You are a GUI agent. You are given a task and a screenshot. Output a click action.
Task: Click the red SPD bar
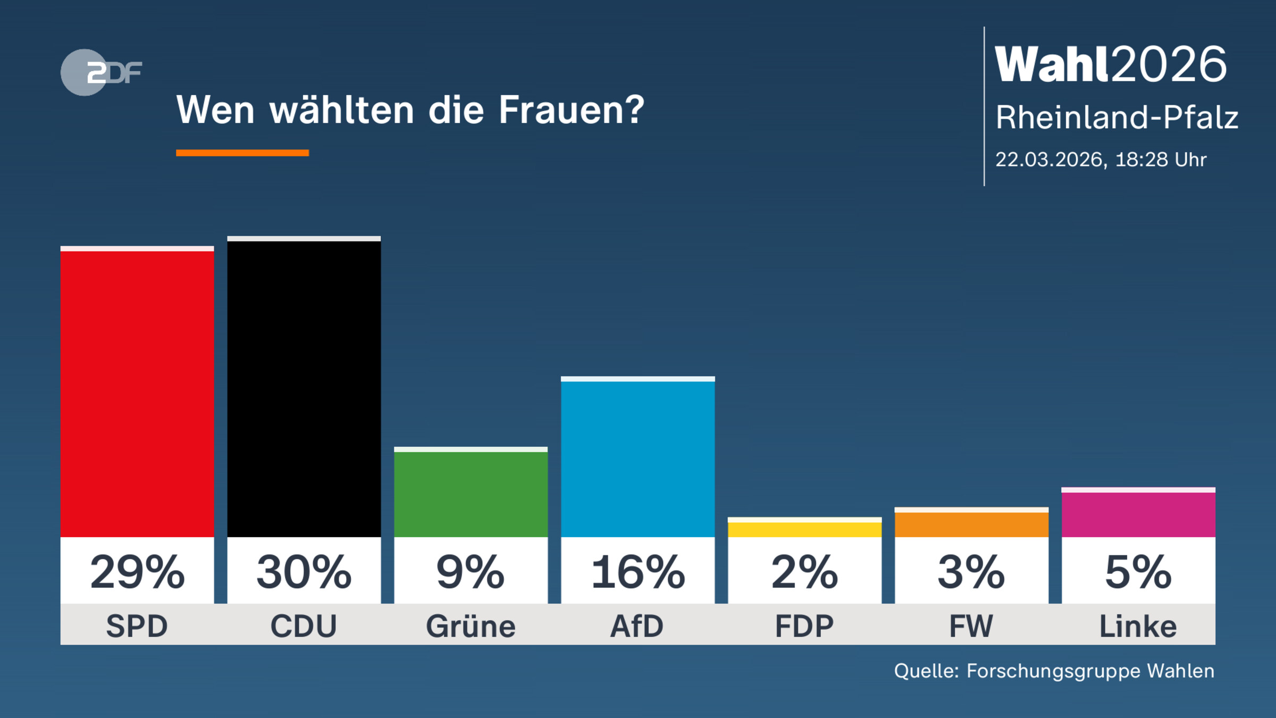coord(137,394)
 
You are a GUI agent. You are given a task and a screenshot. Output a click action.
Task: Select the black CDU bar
coord(304,388)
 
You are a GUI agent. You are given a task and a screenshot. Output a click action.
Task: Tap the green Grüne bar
coord(471,494)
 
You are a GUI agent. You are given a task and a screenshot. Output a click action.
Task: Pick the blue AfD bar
coord(637,458)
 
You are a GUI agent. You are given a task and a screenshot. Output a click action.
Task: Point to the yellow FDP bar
coord(804,529)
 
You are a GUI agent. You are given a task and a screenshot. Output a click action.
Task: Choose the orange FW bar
coord(971,524)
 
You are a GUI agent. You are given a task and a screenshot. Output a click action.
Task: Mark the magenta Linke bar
coord(1138,514)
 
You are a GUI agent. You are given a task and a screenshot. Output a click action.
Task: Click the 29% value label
coord(137,572)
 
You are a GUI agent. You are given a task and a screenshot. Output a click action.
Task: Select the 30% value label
coord(304,572)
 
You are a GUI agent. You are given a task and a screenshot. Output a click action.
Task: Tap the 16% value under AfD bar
coord(637,572)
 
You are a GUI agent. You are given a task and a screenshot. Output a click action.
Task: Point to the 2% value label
coord(804,572)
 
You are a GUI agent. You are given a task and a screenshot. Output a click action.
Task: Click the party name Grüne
coord(471,626)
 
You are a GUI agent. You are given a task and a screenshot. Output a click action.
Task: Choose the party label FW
coord(971,626)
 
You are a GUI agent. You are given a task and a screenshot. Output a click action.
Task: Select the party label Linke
coord(1138,626)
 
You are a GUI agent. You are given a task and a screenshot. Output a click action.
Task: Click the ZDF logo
coord(101,72)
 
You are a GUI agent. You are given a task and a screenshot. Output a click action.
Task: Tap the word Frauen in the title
coord(571,110)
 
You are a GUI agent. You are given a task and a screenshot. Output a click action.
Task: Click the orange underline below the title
coord(242,153)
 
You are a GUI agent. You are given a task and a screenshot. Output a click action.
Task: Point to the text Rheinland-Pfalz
coord(1116,118)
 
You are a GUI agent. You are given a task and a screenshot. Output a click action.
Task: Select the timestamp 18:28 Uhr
coord(1161,160)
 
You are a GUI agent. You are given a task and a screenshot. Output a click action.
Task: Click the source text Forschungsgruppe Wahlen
coord(1090,671)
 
